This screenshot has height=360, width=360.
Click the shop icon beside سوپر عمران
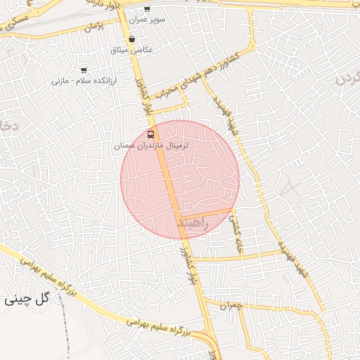tap(146, 9)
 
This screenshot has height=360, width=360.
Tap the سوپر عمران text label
tap(150, 20)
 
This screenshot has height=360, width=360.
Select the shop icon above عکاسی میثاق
tap(132, 39)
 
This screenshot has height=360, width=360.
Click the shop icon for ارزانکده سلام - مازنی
tap(84, 70)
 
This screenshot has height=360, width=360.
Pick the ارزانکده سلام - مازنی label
tap(83, 81)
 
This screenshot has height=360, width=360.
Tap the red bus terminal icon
tap(151, 134)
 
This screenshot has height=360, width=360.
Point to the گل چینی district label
tap(28, 298)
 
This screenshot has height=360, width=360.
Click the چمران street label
tap(230, 307)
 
